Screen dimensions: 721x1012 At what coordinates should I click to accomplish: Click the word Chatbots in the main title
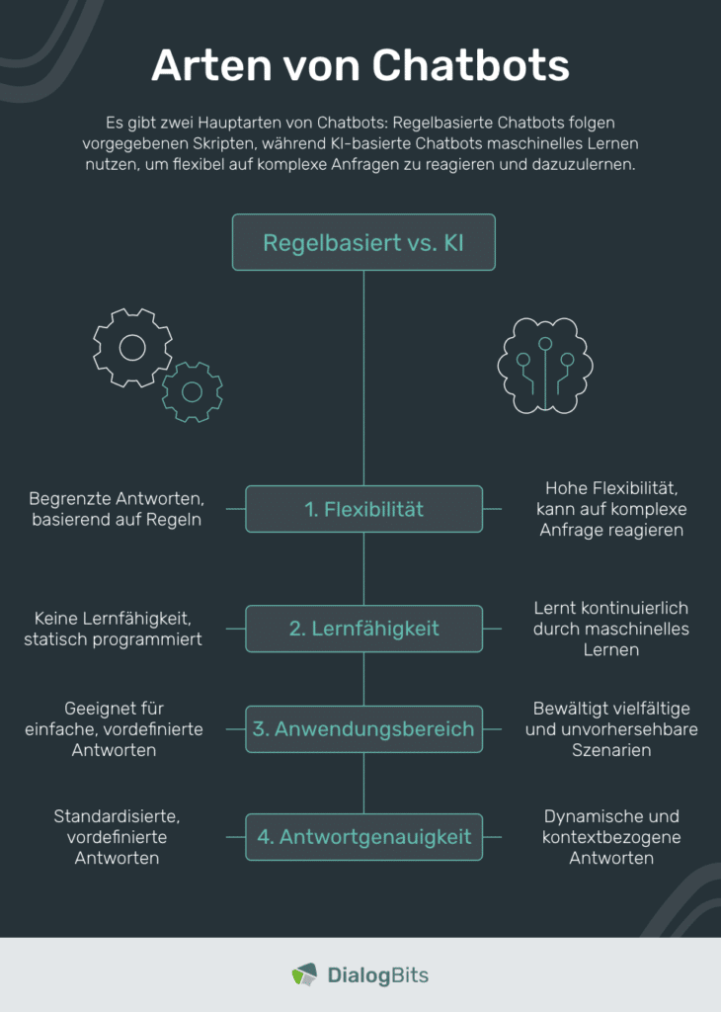[x=470, y=65]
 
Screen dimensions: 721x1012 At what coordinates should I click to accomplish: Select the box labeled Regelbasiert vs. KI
[x=363, y=242]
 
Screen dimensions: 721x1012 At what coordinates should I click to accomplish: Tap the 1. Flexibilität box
[x=363, y=509]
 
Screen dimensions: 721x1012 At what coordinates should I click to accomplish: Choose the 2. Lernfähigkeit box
[x=363, y=628]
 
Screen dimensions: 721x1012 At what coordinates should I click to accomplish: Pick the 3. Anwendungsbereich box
[x=363, y=728]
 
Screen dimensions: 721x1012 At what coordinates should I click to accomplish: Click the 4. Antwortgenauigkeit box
[x=363, y=836]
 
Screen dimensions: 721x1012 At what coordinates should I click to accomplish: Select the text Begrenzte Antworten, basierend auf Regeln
[x=117, y=509]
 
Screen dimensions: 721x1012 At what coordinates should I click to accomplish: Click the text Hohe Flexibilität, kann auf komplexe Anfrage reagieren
[x=611, y=509]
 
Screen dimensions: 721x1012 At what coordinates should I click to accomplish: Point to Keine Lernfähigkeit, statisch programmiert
[x=113, y=628]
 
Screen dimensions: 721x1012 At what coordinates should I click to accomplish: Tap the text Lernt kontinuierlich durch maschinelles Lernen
[x=611, y=628]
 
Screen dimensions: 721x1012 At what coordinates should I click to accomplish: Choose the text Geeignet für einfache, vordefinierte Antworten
[x=115, y=728]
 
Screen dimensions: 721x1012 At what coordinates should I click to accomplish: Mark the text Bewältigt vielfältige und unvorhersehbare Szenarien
[x=611, y=728]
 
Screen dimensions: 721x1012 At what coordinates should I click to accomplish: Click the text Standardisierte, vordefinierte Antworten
[x=117, y=836]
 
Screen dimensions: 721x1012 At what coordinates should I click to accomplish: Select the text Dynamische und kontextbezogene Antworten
[x=611, y=836]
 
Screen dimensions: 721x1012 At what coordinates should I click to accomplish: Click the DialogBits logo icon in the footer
[x=304, y=974]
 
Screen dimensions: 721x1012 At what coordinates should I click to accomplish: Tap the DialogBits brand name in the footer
[x=378, y=974]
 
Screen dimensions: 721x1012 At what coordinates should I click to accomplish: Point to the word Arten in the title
[x=211, y=65]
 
